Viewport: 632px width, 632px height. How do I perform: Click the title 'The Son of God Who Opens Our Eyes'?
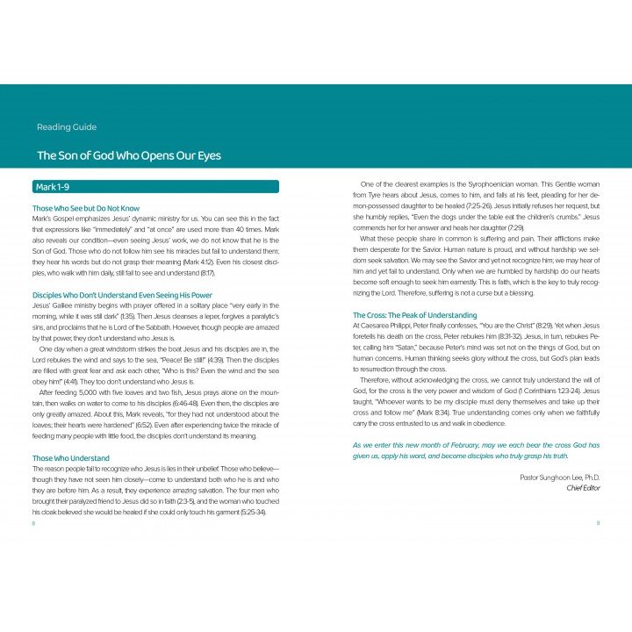(128, 155)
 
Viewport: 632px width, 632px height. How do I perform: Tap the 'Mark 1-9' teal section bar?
(154, 186)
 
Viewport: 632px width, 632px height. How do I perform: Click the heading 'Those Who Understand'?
(70, 457)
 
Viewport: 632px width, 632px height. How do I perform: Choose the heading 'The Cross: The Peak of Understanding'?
(415, 314)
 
